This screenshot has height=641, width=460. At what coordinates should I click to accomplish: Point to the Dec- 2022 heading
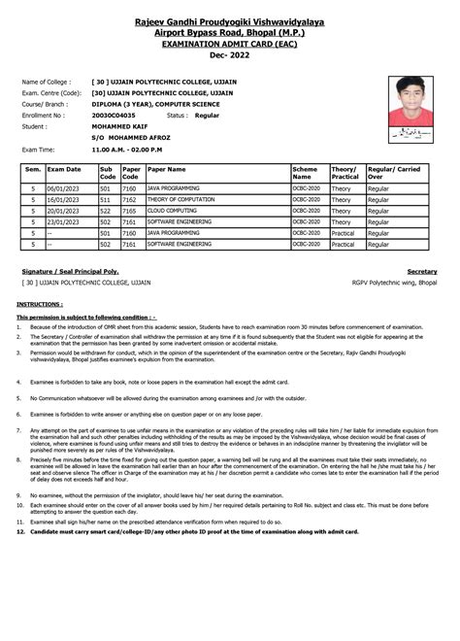[x=230, y=54]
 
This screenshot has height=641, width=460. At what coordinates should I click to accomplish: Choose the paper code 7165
[x=129, y=210]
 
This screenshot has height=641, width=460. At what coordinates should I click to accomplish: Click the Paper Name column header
[x=167, y=170]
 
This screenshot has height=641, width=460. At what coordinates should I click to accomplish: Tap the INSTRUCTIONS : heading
[x=42, y=304]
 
